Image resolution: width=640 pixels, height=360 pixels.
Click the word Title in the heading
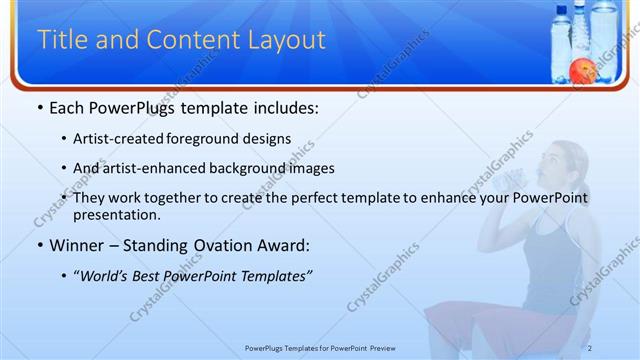pyautogui.click(x=59, y=40)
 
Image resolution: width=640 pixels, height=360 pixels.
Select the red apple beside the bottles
pyautogui.click(x=581, y=70)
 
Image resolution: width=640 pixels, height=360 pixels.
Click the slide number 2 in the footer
pyautogui.click(x=590, y=348)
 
